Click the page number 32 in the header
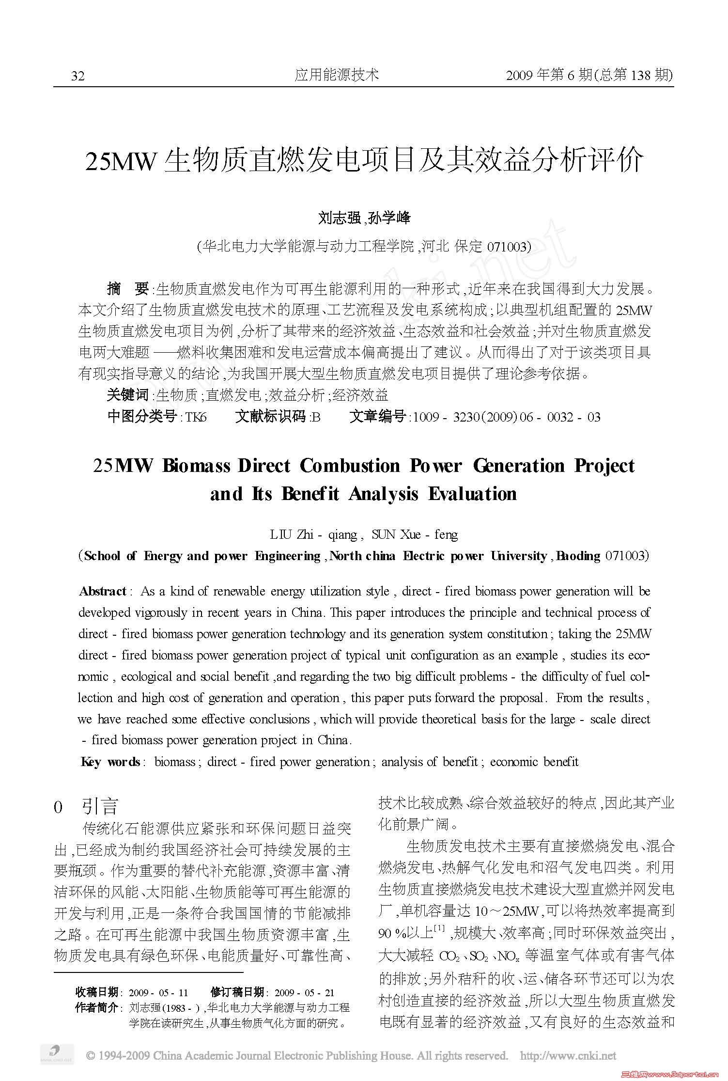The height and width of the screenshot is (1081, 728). coord(78,76)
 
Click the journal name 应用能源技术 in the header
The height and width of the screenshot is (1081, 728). coord(337,75)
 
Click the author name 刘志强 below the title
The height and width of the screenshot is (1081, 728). coord(339,218)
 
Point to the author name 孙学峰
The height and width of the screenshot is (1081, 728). coord(389,218)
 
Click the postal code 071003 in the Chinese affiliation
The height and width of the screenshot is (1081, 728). coord(506,247)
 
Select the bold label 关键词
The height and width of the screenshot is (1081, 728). coord(128,395)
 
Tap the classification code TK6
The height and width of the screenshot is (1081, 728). coord(196,417)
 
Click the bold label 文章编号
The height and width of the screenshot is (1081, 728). coord(378,417)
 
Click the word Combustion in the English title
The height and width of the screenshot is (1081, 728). coord(350,466)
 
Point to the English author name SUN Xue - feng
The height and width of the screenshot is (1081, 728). coord(414,534)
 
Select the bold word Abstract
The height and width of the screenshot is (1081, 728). coord(103,592)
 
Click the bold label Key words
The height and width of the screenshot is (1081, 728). coord(110,762)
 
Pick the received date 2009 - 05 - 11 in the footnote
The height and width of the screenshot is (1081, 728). coord(158,993)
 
